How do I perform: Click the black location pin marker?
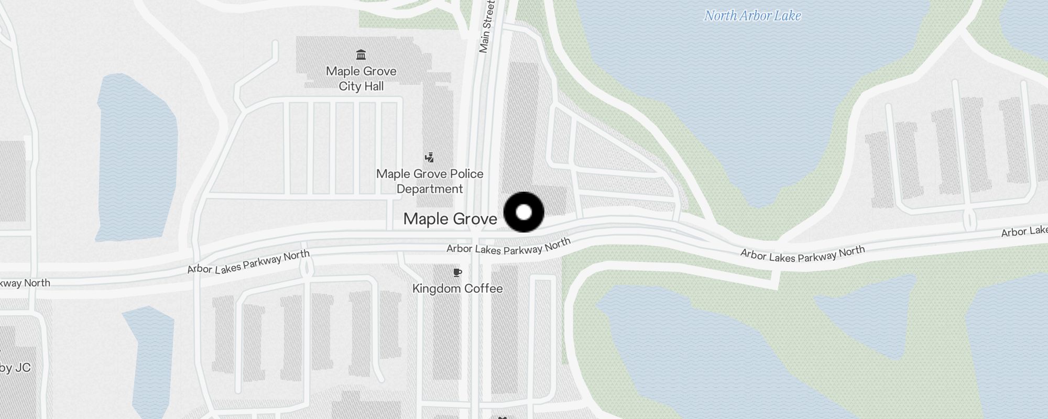pos(523,212)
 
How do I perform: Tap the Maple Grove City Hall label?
pos(361,79)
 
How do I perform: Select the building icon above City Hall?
pos(361,55)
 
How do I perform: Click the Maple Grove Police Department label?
pos(430,181)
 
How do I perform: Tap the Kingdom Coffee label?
pos(457,289)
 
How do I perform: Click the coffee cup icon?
pos(457,272)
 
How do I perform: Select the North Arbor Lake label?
pos(752,16)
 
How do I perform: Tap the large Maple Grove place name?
pos(450,219)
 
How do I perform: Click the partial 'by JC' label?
pos(15,368)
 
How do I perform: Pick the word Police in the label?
pos(462,174)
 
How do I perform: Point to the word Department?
pos(430,189)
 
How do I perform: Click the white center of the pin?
pos(523,212)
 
